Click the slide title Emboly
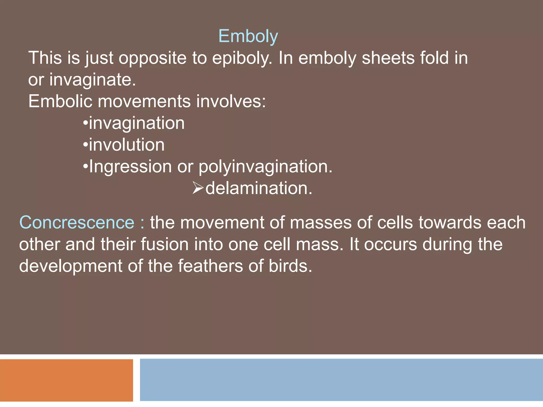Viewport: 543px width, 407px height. coord(248,36)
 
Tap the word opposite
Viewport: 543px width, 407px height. coord(152,58)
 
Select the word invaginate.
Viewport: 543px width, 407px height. coord(93,80)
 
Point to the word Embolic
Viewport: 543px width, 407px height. coord(60,101)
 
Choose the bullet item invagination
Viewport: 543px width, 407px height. coord(136,123)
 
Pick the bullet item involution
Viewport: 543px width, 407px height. coord(126,145)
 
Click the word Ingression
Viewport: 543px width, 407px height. coord(130,167)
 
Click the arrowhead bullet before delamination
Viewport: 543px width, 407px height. coord(198,188)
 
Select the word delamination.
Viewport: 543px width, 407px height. coord(259,188)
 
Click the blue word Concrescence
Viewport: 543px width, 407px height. coord(77,223)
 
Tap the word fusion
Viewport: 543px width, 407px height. coord(164,244)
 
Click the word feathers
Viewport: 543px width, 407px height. coord(210,266)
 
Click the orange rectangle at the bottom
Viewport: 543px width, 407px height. coord(66,380)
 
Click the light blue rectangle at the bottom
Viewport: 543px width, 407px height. coord(341,380)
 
